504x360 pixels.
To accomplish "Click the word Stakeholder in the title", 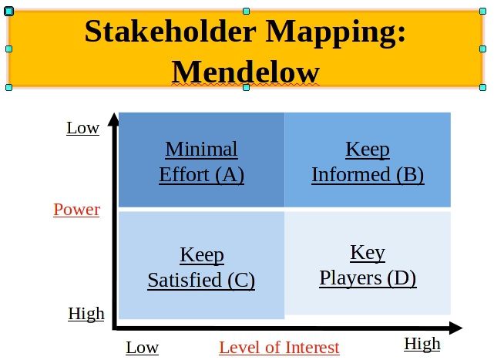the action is click(x=170, y=32).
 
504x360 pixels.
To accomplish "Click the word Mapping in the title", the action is click(x=336, y=33).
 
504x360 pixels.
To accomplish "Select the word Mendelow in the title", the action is click(x=246, y=72).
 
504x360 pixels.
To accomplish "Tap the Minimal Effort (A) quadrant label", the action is click(x=202, y=162).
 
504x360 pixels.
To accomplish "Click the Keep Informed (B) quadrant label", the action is click(x=368, y=162).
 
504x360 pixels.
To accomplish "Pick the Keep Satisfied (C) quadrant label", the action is click(x=202, y=267).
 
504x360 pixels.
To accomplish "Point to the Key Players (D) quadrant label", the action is click(x=368, y=265).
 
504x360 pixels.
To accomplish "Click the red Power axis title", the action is click(x=77, y=210).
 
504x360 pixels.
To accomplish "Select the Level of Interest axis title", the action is click(x=279, y=348).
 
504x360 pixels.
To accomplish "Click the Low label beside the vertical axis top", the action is click(x=83, y=128).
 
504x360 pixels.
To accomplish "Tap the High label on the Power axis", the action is click(x=86, y=314).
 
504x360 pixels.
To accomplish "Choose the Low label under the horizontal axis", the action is click(x=142, y=348).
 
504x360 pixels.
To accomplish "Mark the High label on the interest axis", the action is click(x=422, y=344).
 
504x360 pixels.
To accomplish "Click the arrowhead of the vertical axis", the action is click(x=113, y=119).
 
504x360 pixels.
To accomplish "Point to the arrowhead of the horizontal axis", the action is click(x=455, y=328).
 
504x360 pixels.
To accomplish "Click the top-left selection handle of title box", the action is click(x=9, y=12).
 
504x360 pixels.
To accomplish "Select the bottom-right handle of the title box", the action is click(x=482, y=87).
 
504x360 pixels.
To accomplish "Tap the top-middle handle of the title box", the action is click(x=246, y=12).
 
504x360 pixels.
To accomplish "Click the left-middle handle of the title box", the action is click(x=9, y=49).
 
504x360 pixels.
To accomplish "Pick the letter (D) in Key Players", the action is click(x=402, y=278).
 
